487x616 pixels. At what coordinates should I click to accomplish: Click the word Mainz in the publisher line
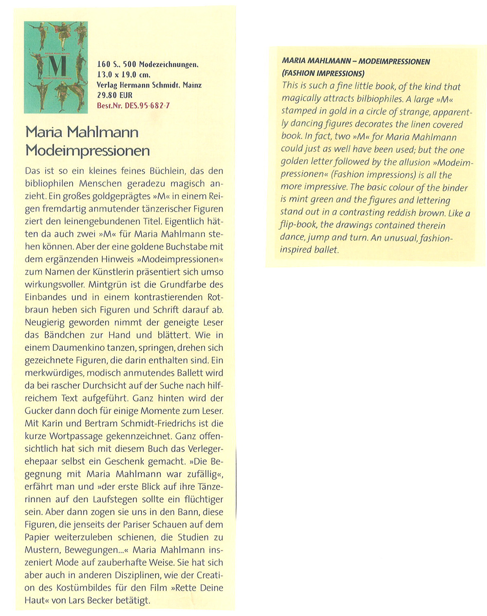coord(192,85)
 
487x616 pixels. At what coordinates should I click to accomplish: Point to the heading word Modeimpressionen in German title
coord(88,150)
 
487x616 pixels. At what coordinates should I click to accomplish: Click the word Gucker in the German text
coord(40,411)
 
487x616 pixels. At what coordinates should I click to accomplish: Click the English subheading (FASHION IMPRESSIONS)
coord(323,74)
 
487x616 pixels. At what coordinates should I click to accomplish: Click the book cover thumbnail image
coord(56,67)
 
